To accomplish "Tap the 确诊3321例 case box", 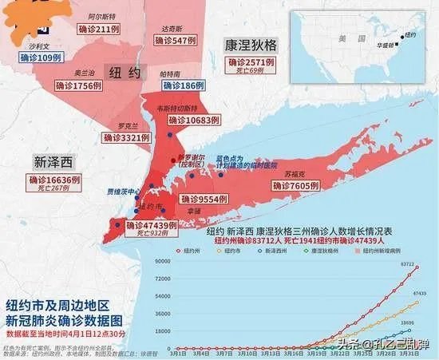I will [127, 138].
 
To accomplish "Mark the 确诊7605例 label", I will [291, 184].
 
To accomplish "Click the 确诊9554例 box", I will [206, 199].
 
